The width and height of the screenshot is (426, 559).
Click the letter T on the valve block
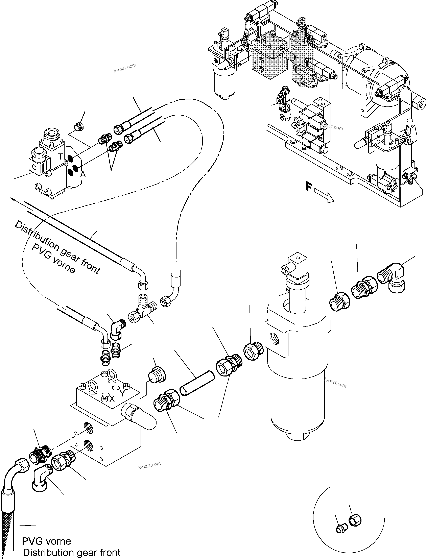(60, 157)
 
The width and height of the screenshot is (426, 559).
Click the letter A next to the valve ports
(83, 174)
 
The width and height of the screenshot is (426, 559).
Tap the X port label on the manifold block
(112, 399)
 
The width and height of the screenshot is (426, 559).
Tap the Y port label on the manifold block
(122, 393)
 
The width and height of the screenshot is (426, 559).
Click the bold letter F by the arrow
(308, 187)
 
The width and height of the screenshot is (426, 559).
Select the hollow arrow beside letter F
(324, 196)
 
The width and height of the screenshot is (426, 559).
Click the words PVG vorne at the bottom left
(46, 541)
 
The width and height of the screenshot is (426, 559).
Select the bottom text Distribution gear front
(72, 552)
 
